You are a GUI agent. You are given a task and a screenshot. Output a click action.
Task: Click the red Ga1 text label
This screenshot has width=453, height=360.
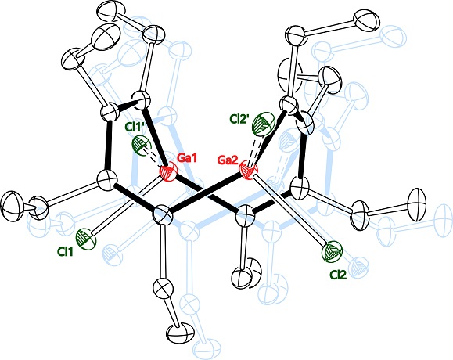tap(187, 158)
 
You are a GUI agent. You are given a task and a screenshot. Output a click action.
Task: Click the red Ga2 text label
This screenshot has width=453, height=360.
tap(228, 160)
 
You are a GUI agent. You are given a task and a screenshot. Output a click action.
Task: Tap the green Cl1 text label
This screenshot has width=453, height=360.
tap(65, 252)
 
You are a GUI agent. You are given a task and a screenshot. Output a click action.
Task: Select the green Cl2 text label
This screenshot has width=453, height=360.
tap(338, 275)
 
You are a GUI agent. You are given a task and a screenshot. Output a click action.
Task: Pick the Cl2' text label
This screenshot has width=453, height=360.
tap(239, 119)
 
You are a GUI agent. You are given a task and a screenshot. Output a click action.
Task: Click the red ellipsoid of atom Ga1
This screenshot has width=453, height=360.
tap(168, 174)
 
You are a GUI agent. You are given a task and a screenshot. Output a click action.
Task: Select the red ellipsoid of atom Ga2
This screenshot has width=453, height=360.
tap(249, 171)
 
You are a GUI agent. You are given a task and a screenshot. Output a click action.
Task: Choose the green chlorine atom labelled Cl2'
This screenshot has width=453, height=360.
tap(264, 124)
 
